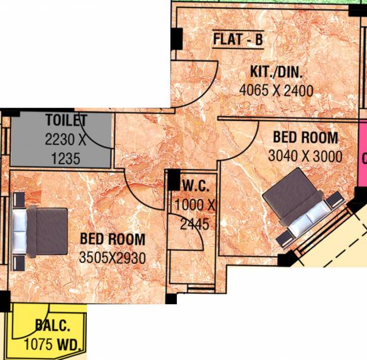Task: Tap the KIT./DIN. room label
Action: point(276,72)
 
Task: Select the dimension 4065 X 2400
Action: point(276,91)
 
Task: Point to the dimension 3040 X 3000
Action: point(305,156)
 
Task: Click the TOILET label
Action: point(66,120)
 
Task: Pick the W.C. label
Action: point(195,184)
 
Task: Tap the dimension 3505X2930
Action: point(112,258)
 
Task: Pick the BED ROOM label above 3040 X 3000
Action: point(305,137)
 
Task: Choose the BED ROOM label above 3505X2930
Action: point(112,239)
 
